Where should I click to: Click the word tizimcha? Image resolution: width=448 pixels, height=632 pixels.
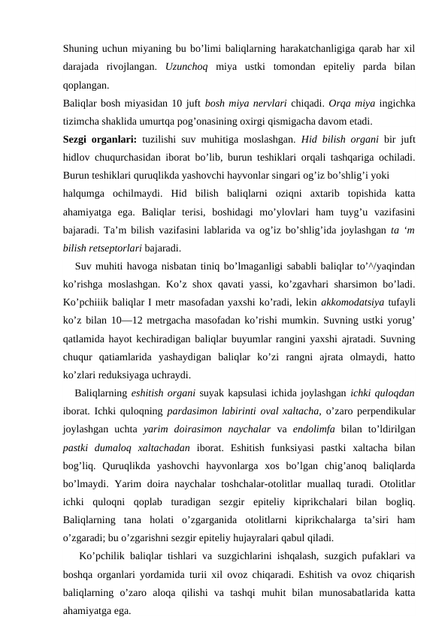pyautogui.click(x=83, y=119)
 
